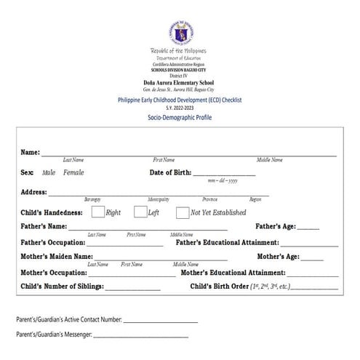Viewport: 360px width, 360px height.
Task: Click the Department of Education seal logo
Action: (180, 31)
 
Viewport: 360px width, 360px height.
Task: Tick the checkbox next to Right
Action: (97, 212)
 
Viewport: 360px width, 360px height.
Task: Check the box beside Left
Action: (140, 212)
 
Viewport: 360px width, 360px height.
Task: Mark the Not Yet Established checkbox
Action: (183, 212)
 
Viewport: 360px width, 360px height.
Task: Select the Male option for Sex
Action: (49, 172)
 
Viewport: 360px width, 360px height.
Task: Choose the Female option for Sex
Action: (73, 172)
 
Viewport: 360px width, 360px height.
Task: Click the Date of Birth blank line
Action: (224, 174)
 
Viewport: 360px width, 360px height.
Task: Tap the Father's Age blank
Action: (308, 228)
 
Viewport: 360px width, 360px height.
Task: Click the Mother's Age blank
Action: (312, 258)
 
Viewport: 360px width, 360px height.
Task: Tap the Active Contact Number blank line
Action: (161, 321)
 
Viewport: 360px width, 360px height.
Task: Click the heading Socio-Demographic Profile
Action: (180, 116)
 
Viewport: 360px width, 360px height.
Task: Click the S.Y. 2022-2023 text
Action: (180, 107)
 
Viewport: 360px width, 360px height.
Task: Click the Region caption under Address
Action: (255, 199)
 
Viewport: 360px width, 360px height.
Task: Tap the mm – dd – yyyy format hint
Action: (223, 180)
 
